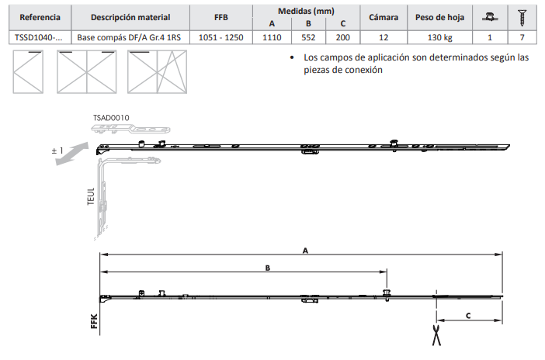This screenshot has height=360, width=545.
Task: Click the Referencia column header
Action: pos(40,17)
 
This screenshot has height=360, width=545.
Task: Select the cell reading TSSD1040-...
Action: pos(39,37)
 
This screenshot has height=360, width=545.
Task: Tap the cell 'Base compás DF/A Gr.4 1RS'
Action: pos(129,37)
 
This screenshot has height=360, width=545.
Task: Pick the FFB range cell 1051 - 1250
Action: pos(220,37)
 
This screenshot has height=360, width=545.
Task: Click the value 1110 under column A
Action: pos(272,37)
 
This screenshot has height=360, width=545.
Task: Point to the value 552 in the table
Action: pos(308,37)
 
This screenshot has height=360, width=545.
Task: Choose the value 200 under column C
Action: pos(342,37)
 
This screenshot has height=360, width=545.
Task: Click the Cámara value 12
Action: pos(384,37)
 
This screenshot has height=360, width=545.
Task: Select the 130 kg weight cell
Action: pos(439,37)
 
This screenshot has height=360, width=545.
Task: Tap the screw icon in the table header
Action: pos(522,17)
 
